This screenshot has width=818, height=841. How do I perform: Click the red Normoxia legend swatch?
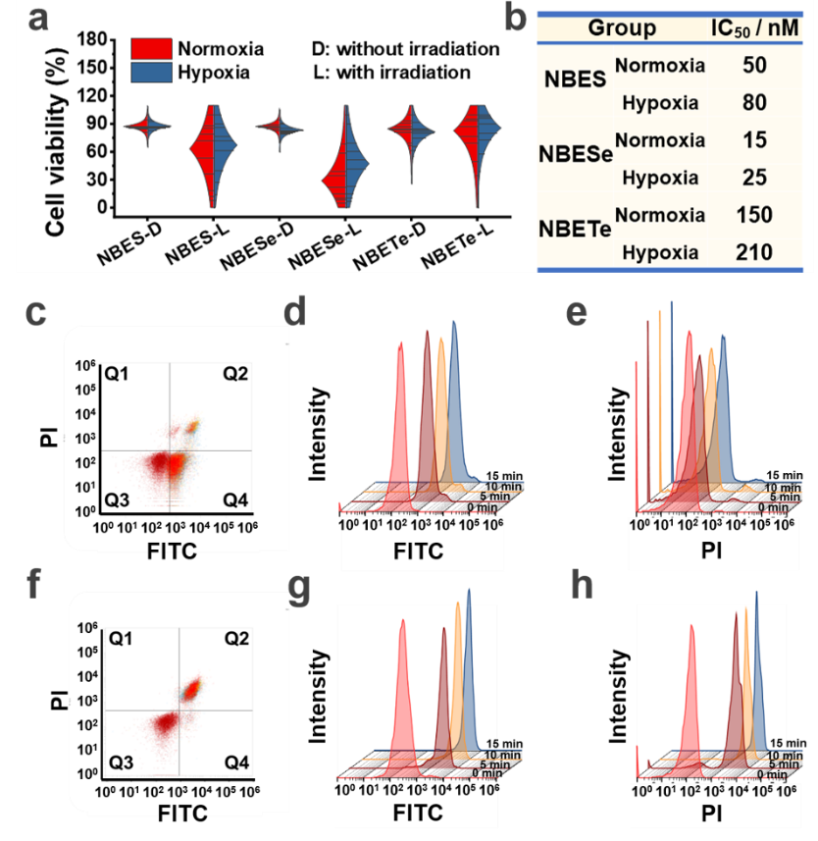pos(153,48)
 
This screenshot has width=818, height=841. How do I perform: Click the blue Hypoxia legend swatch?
pos(153,72)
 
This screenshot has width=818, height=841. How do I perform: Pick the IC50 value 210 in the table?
pos(752,252)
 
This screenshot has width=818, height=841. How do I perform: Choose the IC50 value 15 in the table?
pos(752,141)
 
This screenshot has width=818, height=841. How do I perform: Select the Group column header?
pos(622,27)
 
